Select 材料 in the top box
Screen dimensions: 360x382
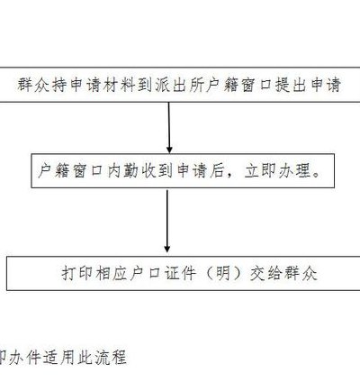pyautogui.click(x=120, y=85)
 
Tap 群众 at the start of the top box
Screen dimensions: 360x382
pyautogui.click(x=33, y=85)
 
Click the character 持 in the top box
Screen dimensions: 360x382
pyautogui.click(x=59, y=85)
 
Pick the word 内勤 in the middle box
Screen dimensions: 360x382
pyautogui.click(x=123, y=171)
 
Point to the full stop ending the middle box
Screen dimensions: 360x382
pyautogui.click(x=316, y=175)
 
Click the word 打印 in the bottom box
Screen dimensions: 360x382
pyautogui.click(x=77, y=273)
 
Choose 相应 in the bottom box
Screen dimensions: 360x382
pyautogui.click(x=112, y=273)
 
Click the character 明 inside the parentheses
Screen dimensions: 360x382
pyautogui.click(x=222, y=273)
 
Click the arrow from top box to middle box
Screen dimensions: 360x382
pyautogui.click(x=169, y=128)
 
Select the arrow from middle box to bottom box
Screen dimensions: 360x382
pyautogui.click(x=167, y=221)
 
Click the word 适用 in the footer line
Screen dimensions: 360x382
pyautogui.click(x=59, y=357)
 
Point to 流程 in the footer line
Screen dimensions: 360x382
pyautogui.click(x=111, y=357)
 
